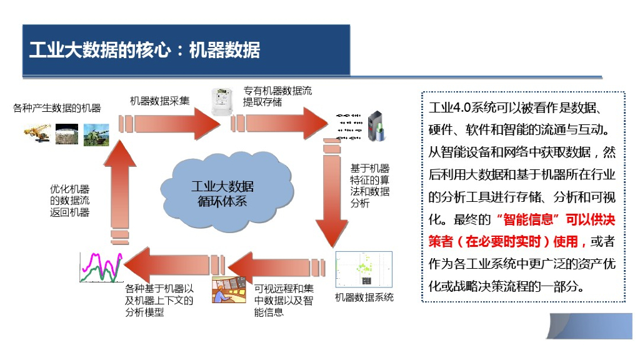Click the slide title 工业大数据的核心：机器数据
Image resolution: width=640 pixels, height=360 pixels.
pos(144,50)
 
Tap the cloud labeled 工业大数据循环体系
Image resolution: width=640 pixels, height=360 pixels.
pos(222,193)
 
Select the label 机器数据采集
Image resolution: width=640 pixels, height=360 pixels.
pos(159,101)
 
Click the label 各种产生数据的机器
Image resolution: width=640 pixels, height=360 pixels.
pos(57,108)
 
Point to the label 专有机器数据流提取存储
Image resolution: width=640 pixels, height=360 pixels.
pos(277,96)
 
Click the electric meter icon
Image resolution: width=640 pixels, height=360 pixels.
pos(220,100)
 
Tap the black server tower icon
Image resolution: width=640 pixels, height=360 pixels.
pos(375,125)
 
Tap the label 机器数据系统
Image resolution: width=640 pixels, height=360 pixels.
pos(364,297)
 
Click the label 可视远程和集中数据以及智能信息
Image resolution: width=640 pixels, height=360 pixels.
pos(284,299)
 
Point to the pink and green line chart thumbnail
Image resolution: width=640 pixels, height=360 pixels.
pos(100,266)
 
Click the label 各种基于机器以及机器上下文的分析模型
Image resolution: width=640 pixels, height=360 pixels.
pos(159,300)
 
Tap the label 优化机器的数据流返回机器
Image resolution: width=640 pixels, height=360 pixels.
pos(69,201)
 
